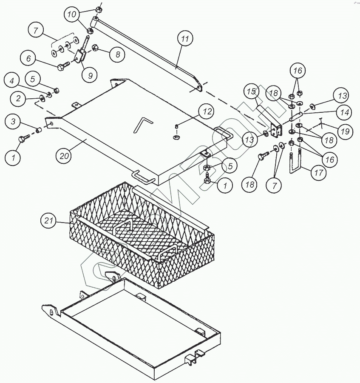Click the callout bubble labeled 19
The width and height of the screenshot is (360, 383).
coord(345,131)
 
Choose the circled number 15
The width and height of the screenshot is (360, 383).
coord(252,92)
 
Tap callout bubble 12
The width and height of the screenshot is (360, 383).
coord(207,112)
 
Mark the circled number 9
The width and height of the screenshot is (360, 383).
coord(90,75)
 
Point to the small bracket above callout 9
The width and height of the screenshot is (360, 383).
coord(81,56)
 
